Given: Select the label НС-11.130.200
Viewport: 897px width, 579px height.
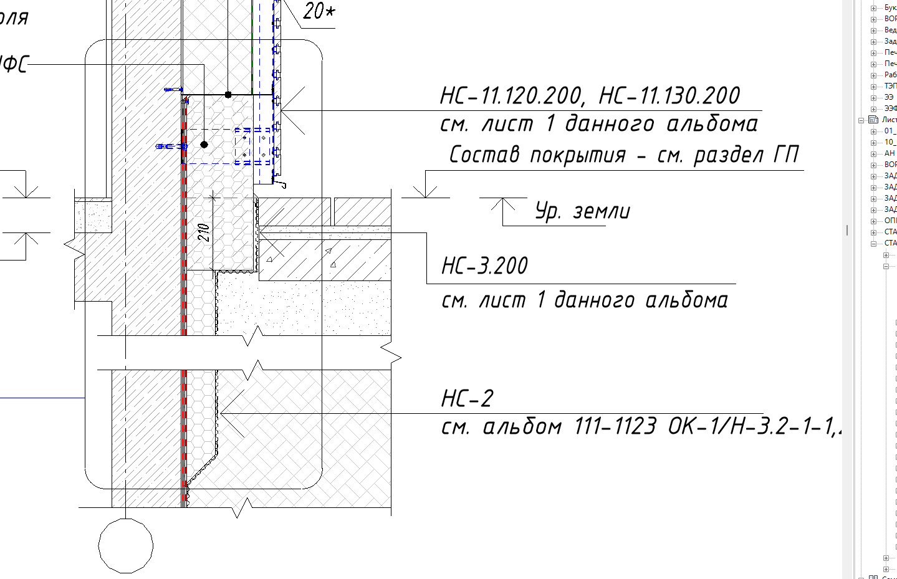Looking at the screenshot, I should pos(669,96).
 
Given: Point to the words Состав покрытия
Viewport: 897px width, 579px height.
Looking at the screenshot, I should pos(537,155).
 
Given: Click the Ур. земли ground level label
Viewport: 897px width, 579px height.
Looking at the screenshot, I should pos(582,211).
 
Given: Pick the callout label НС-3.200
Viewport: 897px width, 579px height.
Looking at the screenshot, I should pos(484,266).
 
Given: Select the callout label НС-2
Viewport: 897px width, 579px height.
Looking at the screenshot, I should pos(467,398).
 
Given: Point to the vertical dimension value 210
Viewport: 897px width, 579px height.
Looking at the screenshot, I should pos(204,232).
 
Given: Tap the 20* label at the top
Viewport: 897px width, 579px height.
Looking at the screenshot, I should pos(319,11).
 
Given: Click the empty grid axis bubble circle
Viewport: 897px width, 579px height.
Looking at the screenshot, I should pos(126,546).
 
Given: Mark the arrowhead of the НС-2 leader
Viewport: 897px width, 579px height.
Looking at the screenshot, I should pos(223,413).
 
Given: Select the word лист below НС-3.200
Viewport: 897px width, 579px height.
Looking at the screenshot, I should pos(504,301).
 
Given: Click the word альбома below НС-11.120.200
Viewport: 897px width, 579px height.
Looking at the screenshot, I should pos(712,124).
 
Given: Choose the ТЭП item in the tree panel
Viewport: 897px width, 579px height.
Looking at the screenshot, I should pos(890,86).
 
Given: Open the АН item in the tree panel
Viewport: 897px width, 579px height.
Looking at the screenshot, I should pos(890,153).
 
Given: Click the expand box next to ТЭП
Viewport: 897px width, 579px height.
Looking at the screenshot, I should pos(873,86).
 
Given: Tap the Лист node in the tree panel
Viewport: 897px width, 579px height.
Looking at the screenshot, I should pos(888,120).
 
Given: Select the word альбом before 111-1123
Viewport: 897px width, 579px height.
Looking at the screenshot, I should pos(522,427).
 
